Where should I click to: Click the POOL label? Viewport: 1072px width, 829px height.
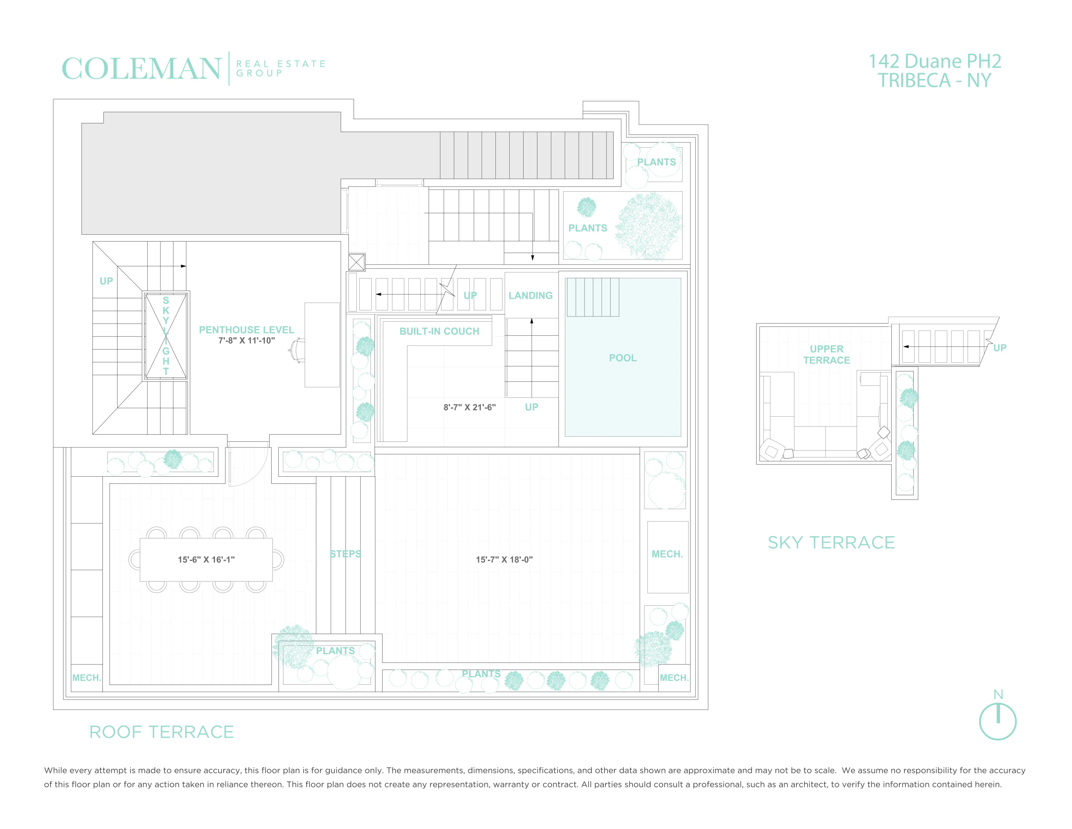[622, 358]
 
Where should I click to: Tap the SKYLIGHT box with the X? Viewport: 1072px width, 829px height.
[166, 336]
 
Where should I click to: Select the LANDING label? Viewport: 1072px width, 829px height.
[530, 296]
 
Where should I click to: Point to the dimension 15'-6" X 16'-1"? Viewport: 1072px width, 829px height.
[206, 559]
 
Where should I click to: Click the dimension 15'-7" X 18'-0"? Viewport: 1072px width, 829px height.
[504, 559]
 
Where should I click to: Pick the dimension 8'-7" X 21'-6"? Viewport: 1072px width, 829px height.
[469, 407]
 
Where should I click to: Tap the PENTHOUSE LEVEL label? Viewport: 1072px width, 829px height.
[247, 330]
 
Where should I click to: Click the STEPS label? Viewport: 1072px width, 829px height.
[346, 554]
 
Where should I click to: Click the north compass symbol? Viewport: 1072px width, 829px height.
[997, 721]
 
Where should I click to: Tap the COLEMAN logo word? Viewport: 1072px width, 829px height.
[141, 69]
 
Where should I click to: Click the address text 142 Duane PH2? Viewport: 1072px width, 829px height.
[935, 62]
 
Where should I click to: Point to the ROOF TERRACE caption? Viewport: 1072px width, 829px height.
[161, 732]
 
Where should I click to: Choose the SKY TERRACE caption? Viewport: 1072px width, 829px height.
[831, 543]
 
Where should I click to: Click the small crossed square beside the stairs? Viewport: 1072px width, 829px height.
[356, 262]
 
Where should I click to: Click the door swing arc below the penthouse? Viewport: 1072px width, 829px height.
[250, 467]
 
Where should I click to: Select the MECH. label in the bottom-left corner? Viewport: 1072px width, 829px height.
[86, 678]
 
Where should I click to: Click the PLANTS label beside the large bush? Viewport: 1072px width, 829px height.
[588, 228]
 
